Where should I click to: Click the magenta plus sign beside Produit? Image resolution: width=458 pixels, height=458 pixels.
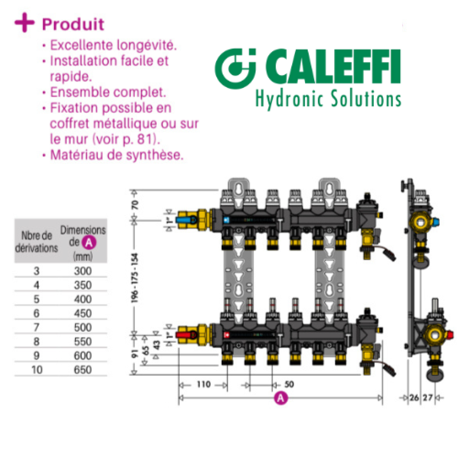point(24,22)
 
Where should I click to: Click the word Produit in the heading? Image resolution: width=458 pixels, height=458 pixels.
point(73,24)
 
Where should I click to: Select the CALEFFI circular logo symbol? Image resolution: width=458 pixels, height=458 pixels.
point(235,69)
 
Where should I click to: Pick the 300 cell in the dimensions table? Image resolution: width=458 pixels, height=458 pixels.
point(83,271)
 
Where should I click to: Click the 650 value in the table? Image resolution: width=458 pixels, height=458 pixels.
point(83,370)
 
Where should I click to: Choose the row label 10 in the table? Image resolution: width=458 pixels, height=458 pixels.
point(37,370)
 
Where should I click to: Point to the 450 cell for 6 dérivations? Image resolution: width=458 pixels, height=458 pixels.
point(83,313)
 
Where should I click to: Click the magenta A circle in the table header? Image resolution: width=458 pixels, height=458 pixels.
point(89,243)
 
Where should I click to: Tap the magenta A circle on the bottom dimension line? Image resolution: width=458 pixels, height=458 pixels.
point(281,398)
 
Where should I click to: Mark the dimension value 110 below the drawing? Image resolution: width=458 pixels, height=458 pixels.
point(204,384)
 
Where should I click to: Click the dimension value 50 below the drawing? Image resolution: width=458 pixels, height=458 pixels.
point(289,384)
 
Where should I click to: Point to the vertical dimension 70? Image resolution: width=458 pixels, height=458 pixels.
point(135,205)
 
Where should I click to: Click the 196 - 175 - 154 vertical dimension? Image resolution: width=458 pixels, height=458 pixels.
point(135,278)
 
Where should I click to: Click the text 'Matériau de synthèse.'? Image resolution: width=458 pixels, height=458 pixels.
point(117,155)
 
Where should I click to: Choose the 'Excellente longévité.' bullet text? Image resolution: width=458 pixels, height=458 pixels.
point(113,45)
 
